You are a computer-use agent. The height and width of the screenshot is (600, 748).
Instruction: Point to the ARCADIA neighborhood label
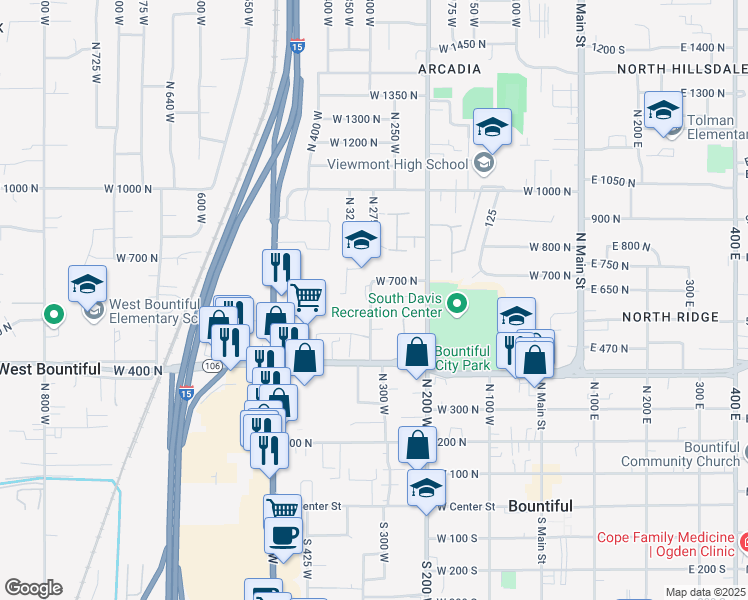click(x=449, y=69)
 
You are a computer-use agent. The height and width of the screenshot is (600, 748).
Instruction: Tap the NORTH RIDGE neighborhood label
click(x=669, y=317)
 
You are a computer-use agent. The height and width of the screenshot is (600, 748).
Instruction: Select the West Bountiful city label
click(x=50, y=369)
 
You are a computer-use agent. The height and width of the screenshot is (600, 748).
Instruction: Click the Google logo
click(x=33, y=588)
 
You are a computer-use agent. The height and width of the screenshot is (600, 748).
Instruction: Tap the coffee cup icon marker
click(x=282, y=534)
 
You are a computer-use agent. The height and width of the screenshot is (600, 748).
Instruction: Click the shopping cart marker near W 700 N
click(x=307, y=296)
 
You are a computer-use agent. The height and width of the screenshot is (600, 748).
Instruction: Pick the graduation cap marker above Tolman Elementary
click(x=662, y=109)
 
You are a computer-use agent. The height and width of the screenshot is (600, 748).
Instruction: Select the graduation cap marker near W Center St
click(x=427, y=487)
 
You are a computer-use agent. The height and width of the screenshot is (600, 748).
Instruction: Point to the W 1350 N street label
click(x=393, y=95)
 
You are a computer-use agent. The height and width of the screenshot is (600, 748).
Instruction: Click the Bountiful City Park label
click(x=462, y=358)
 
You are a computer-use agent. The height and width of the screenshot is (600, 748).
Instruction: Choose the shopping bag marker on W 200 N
click(x=417, y=444)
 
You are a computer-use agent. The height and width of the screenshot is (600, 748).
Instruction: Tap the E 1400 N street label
click(x=700, y=48)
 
